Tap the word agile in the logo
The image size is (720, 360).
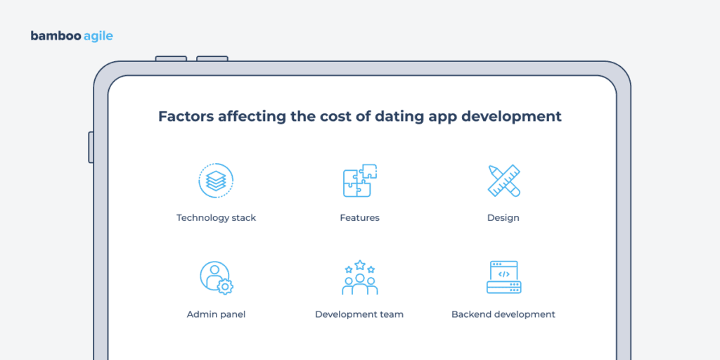[x=94, y=37]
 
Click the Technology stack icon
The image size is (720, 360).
[x=216, y=181]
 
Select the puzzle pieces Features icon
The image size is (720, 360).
[x=359, y=181]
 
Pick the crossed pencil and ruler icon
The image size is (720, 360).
[x=503, y=181]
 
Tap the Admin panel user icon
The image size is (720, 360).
[x=214, y=277]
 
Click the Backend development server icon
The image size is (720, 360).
[x=503, y=277]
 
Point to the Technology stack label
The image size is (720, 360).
[x=216, y=218]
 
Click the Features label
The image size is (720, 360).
[x=359, y=218]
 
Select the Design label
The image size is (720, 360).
[x=503, y=218]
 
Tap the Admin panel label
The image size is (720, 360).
[x=216, y=314]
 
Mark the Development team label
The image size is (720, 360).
[x=359, y=314]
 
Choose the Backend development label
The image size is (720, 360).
[x=503, y=314]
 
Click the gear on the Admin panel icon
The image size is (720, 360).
[x=226, y=286]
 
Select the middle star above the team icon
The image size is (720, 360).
[x=360, y=265]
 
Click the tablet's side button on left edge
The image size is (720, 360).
[x=91, y=147]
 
